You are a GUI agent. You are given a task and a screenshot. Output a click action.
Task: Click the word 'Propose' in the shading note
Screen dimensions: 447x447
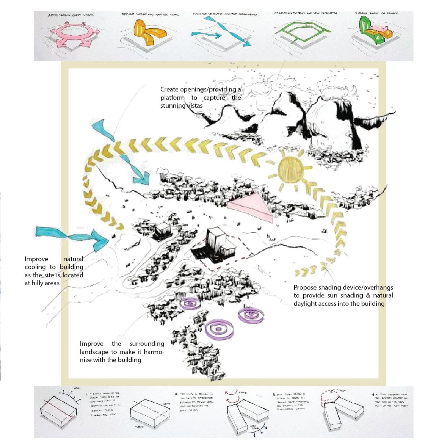coord(305,287)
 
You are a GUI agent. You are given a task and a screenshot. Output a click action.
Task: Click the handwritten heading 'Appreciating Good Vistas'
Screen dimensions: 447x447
coord(71,15)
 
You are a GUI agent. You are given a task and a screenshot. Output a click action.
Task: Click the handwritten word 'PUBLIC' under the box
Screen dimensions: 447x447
coord(139,426)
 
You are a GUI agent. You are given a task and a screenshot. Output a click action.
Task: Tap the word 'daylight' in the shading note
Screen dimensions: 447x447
coord(306,304)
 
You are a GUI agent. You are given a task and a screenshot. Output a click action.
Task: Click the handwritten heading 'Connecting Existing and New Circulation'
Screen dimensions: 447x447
coord(305,13)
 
